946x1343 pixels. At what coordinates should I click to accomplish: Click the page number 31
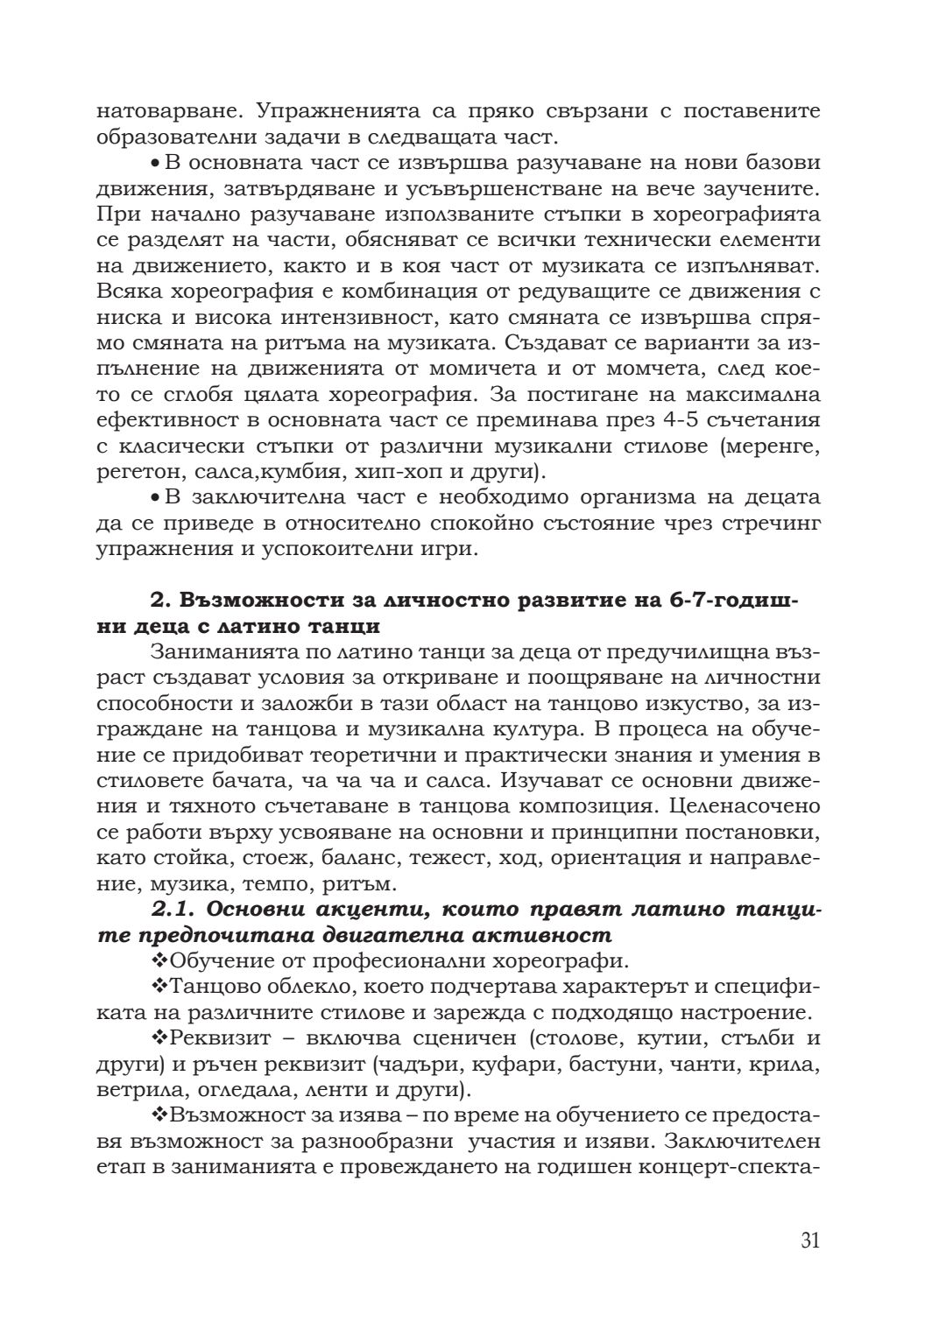(809, 1241)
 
